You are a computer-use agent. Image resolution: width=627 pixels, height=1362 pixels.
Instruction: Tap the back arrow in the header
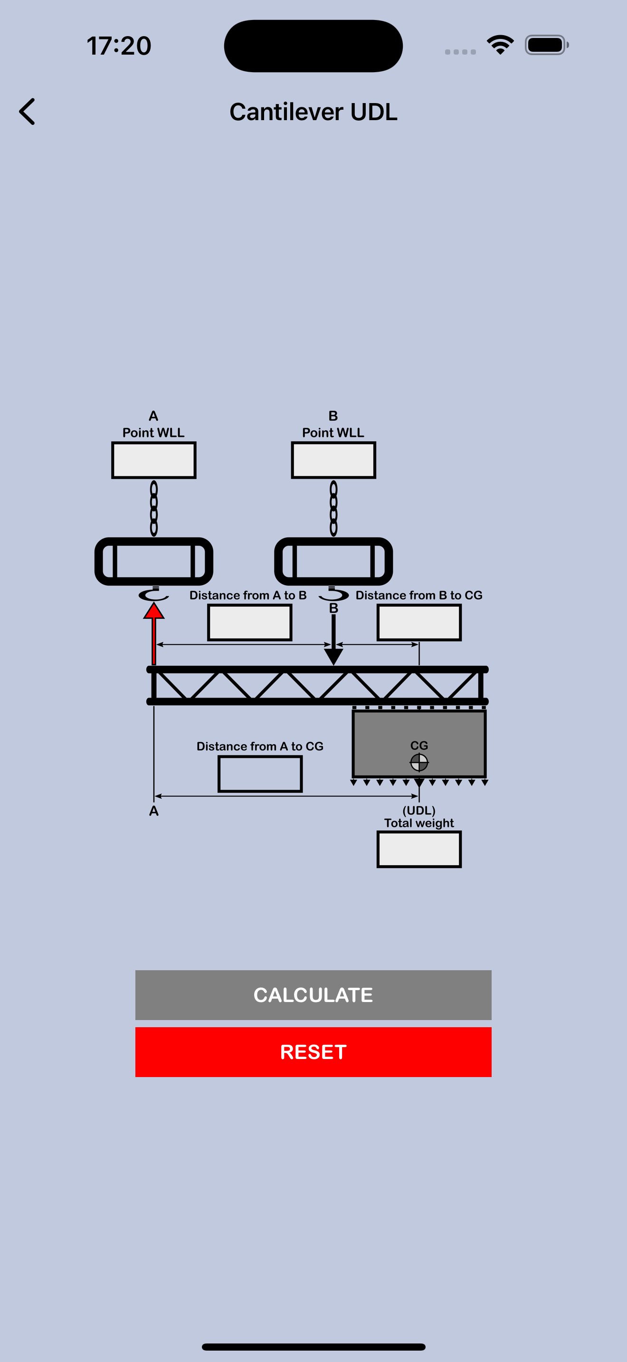(27, 112)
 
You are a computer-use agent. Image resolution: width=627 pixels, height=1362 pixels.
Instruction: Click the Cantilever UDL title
(313, 112)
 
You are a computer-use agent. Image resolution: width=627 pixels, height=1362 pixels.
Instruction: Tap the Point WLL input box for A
(154, 461)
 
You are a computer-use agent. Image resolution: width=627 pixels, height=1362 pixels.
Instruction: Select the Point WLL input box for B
(333, 461)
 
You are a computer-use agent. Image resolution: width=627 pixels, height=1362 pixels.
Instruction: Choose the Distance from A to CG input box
(260, 774)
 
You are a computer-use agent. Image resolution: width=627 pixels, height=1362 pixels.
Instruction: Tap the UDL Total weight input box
(419, 850)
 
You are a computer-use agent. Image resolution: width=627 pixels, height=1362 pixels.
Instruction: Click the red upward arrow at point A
(154, 634)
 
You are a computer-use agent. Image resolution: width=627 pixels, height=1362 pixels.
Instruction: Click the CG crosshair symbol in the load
(419, 762)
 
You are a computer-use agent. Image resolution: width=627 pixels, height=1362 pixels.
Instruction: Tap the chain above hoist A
(154, 508)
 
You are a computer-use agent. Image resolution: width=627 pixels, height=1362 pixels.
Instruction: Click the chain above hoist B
(333, 508)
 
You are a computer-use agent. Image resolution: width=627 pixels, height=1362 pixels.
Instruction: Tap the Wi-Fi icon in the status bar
(500, 45)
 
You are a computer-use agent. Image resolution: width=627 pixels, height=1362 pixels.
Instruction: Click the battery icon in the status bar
(547, 45)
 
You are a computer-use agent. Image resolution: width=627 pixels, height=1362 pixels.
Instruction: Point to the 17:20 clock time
(119, 46)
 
